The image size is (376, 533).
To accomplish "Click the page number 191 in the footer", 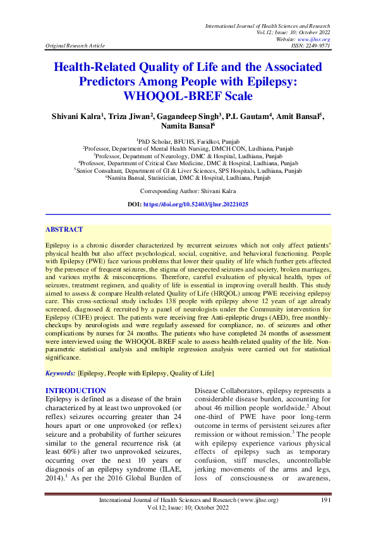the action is pos(325,501).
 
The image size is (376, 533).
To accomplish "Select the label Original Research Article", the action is pos(71,46).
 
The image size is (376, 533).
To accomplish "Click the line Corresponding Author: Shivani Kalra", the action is pos(188,173).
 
